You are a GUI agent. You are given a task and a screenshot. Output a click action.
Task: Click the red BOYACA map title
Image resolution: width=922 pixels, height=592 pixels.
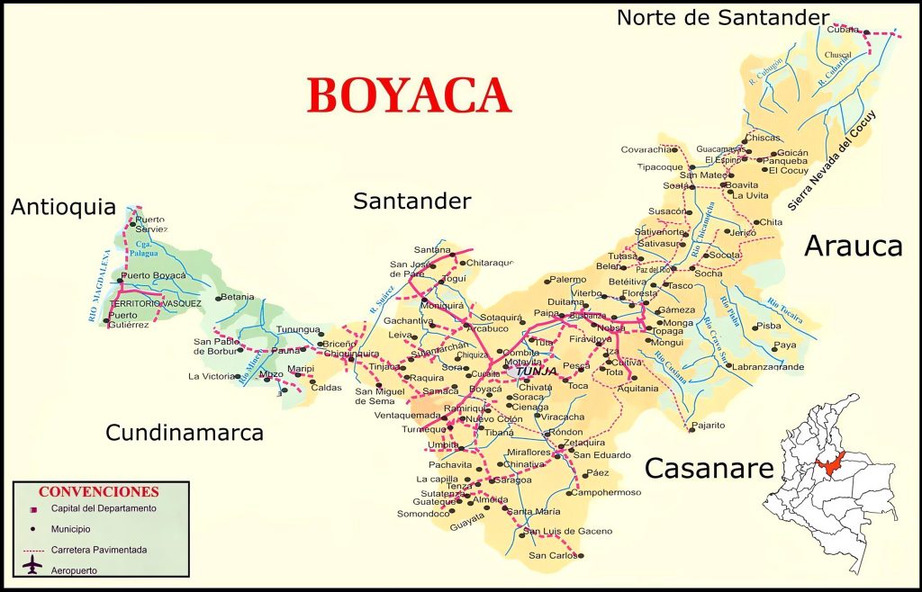409,94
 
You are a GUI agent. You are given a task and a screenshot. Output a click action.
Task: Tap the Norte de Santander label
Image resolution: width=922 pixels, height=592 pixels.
722,17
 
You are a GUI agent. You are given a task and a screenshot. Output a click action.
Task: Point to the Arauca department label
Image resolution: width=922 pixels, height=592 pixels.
853,245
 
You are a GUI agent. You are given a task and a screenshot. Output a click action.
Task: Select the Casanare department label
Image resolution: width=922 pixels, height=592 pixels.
710,468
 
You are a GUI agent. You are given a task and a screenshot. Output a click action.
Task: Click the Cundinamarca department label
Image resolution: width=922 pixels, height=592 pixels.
185,433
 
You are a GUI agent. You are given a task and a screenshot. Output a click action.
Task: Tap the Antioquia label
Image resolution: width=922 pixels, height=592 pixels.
63,208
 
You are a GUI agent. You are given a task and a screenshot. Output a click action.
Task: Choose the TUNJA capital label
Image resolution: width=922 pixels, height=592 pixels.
537,370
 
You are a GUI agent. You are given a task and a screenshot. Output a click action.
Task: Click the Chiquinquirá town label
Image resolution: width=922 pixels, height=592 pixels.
351,354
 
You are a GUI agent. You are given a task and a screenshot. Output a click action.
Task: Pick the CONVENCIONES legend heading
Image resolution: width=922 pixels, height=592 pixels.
98,492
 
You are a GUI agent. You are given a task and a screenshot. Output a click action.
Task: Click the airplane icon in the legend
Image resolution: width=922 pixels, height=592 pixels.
33,566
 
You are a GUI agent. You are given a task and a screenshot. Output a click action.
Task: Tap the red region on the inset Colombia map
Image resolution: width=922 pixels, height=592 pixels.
832,466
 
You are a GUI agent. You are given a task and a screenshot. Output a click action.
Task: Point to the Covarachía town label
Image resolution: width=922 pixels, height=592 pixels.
646,149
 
